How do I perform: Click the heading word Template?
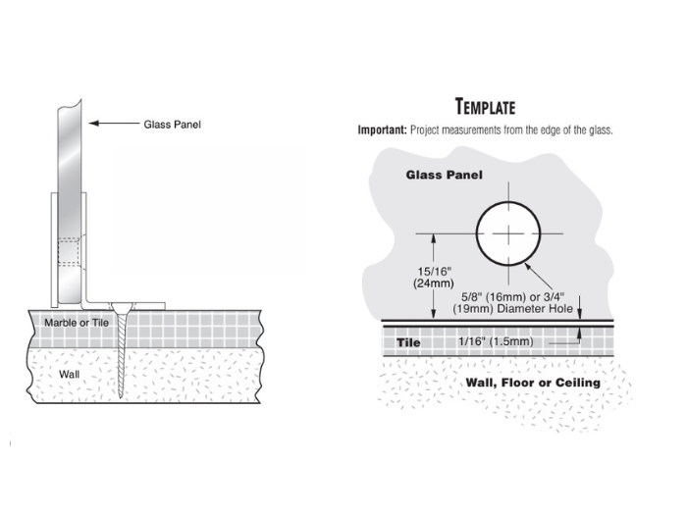485,107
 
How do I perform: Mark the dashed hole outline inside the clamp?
67,252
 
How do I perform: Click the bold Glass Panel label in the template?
444,175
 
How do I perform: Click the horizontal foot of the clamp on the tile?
142,303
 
